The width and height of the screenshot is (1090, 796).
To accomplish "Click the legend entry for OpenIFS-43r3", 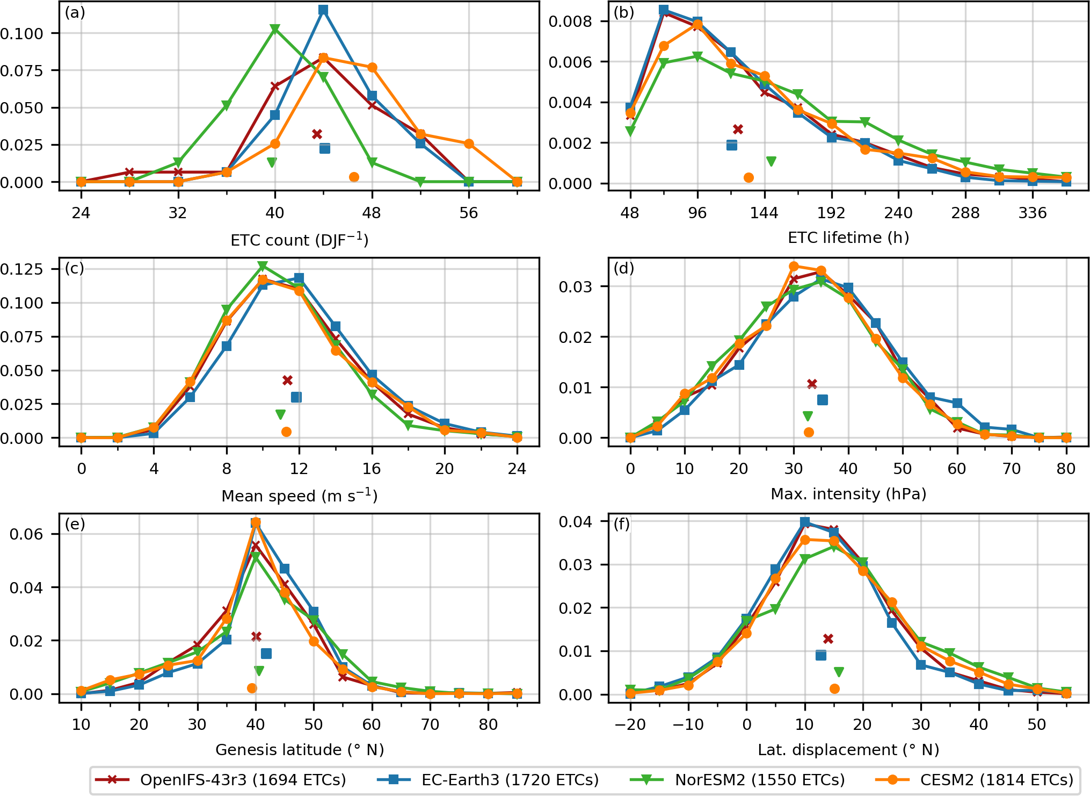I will click(220, 780).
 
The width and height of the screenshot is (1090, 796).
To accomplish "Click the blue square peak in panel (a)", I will click(323, 10).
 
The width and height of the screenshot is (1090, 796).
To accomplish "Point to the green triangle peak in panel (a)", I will click(275, 29).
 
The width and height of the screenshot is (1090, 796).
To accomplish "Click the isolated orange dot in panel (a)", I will click(354, 177).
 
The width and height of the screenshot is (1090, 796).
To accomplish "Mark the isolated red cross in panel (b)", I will click(738, 129).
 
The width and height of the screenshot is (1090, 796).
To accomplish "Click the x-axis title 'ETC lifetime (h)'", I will click(848, 238).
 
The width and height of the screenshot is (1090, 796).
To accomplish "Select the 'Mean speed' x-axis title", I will click(300, 495).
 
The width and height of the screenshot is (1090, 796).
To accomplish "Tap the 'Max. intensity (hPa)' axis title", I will click(848, 494).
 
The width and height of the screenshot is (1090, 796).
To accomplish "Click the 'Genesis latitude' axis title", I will click(300, 750).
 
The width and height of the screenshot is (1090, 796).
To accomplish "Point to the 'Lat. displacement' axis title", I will click(848, 750).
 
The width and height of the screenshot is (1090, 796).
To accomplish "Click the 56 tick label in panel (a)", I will click(469, 213).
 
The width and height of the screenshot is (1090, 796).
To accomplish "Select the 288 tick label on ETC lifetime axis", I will click(965, 213).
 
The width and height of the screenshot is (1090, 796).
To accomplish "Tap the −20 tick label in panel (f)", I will click(630, 725).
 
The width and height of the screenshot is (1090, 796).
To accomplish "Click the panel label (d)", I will click(624, 268).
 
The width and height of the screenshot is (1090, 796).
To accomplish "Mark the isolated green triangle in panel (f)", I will click(839, 672).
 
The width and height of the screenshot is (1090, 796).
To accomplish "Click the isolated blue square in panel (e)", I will click(266, 654).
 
